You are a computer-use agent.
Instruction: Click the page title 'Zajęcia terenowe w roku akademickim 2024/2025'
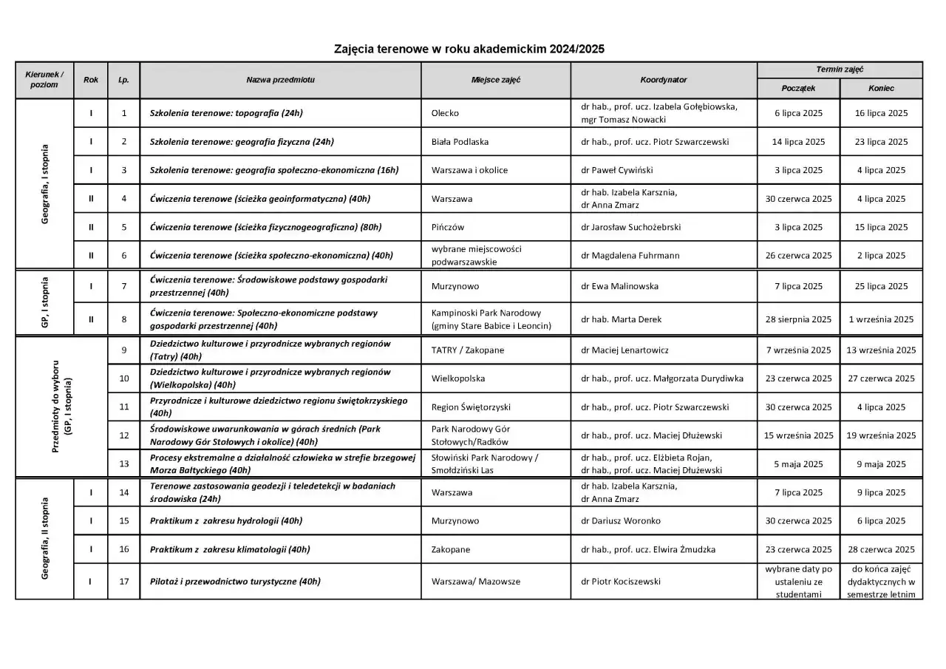(469, 50)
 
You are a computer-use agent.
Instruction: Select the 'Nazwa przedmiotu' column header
(280, 80)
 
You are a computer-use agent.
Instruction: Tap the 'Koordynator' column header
(663, 80)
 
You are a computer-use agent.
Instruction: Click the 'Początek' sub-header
(798, 88)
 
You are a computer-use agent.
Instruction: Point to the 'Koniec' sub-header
(881, 88)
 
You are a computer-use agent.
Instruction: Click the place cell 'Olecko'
(445, 113)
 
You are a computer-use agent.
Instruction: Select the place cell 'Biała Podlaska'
(460, 142)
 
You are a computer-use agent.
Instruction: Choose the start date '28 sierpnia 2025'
(798, 319)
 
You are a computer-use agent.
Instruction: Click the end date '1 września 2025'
(881, 319)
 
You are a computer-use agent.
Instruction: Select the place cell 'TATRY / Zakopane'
(467, 350)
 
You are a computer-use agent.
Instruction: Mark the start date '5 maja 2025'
(798, 464)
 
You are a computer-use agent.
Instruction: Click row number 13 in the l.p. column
(123, 464)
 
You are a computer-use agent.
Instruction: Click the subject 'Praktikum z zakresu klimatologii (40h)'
(230, 550)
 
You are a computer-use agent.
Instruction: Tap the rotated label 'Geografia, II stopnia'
(44, 538)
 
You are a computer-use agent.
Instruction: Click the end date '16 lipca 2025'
(881, 113)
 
